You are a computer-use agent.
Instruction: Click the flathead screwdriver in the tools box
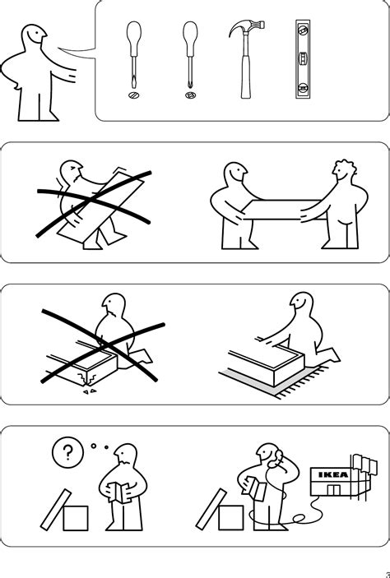coord(132,58)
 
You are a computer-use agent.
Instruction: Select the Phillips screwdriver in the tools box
coord(188,58)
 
